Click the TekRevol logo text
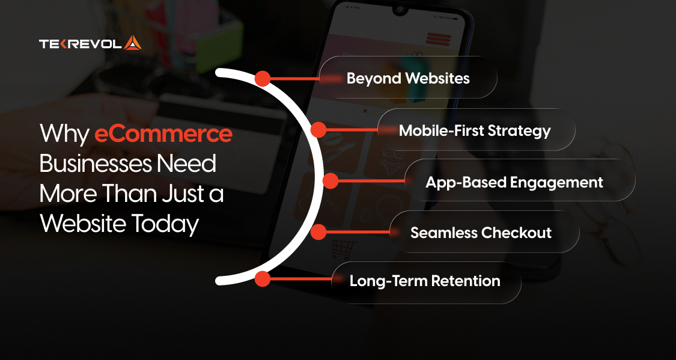pos(81,43)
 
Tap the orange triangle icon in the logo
pos(133,43)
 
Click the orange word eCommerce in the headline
pos(163,133)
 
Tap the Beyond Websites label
pos(408,78)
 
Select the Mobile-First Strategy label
pos(475,130)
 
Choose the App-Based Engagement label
pos(514,182)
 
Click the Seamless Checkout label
pos(481,232)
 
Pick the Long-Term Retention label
pos(425,281)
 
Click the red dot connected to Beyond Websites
pos(262,78)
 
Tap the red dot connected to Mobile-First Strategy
pos(318,130)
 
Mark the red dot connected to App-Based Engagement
pos(330,181)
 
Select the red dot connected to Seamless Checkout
pos(318,232)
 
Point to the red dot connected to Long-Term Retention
pos(262,279)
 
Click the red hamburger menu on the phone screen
pos(439,38)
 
